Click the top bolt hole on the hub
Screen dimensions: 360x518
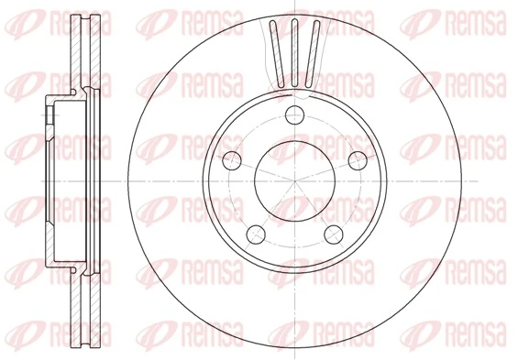tap(293, 115)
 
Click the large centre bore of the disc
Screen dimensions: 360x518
tap(293, 180)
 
